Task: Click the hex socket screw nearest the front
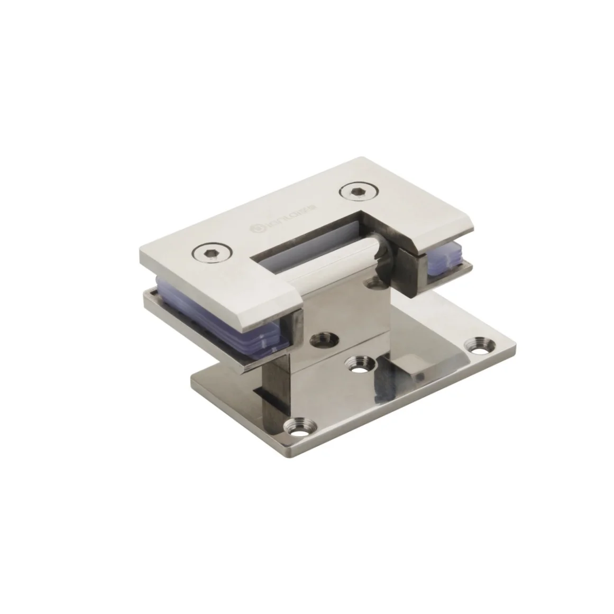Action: coord(212,255)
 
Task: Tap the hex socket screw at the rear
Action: coord(355,193)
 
